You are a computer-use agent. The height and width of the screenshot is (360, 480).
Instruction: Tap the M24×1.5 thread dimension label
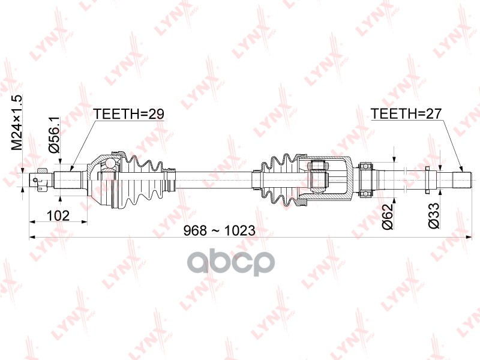(17, 122)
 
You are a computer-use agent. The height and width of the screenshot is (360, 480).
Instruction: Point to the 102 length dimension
(58, 215)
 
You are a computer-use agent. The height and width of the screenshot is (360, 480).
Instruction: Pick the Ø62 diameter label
(388, 217)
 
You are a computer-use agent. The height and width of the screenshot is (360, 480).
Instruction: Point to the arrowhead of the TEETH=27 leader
(463, 170)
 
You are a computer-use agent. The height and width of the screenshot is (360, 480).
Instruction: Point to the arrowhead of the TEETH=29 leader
(70, 170)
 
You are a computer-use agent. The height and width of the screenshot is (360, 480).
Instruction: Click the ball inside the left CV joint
(110, 164)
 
